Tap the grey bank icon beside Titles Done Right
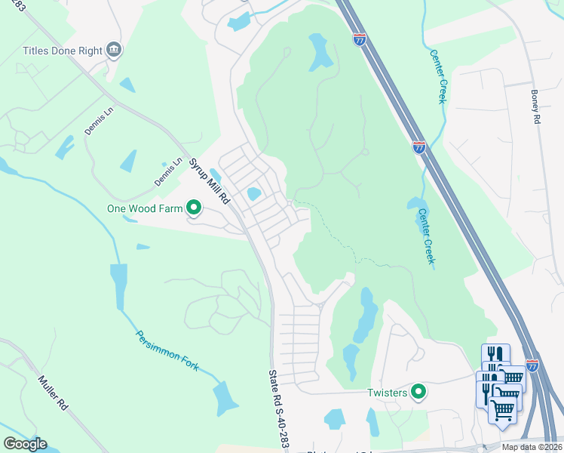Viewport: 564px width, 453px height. [115, 51]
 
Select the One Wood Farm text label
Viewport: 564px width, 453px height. [146, 208]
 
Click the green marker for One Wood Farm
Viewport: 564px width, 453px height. [194, 207]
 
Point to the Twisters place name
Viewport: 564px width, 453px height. [387, 393]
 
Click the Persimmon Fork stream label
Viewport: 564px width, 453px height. [167, 351]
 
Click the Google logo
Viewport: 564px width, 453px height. [25, 444]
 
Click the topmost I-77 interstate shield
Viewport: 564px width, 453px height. [360, 39]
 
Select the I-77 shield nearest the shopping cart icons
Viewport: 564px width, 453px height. [532, 365]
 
